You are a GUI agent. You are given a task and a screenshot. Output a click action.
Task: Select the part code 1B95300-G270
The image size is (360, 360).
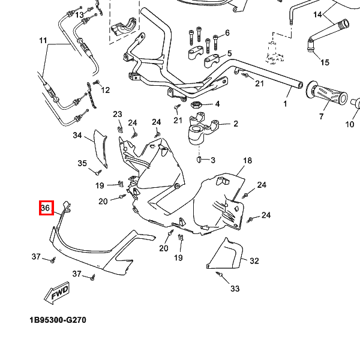click(x=58, y=320)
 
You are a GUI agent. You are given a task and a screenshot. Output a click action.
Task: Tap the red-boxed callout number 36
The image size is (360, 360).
click(x=46, y=208)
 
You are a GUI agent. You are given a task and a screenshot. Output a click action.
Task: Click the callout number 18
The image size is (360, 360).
click(x=247, y=161)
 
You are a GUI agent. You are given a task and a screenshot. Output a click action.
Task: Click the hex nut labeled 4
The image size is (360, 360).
click(x=195, y=105)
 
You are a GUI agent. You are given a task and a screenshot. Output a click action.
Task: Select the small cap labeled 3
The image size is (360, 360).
click(x=200, y=160)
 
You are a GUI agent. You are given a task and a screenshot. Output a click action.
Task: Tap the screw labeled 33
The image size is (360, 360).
click(x=220, y=275)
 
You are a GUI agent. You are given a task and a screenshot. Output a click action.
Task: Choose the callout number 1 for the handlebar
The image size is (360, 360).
click(x=285, y=104)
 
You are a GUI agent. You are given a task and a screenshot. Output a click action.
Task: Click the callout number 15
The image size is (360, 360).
click(x=325, y=62)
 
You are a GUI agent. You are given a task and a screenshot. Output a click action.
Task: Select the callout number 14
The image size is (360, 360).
click(x=317, y=14)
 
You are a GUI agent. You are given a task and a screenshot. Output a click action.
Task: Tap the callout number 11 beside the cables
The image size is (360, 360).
click(x=43, y=41)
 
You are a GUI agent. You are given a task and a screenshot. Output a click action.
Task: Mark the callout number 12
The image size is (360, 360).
click(x=105, y=90)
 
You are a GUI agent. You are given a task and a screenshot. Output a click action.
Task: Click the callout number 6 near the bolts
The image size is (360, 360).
click(x=227, y=32)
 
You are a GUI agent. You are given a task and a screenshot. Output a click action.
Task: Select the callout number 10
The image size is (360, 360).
click(x=350, y=124)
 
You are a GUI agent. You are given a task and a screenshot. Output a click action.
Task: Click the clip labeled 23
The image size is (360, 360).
click(x=120, y=128)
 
